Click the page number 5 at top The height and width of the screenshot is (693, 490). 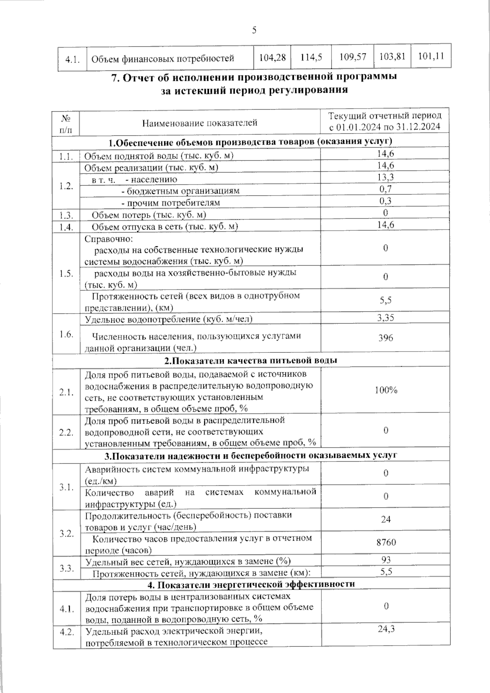(x=254, y=30)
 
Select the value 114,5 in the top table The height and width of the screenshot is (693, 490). (x=311, y=57)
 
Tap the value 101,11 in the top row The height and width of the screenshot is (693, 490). (x=431, y=56)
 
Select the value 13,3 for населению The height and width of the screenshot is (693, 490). (x=385, y=177)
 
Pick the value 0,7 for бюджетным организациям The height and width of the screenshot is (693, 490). (x=385, y=189)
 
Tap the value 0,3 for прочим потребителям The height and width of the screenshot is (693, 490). (x=385, y=201)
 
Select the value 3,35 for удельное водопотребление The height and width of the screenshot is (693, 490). (x=385, y=318)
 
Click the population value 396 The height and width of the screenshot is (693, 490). (x=385, y=337)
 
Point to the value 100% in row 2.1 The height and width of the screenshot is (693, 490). (x=386, y=390)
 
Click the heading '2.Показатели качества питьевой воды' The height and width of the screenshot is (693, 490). (x=251, y=361)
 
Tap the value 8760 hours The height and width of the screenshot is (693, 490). (x=386, y=542)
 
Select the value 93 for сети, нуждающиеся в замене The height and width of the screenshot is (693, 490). (x=385, y=560)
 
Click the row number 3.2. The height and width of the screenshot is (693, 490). (x=66, y=534)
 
